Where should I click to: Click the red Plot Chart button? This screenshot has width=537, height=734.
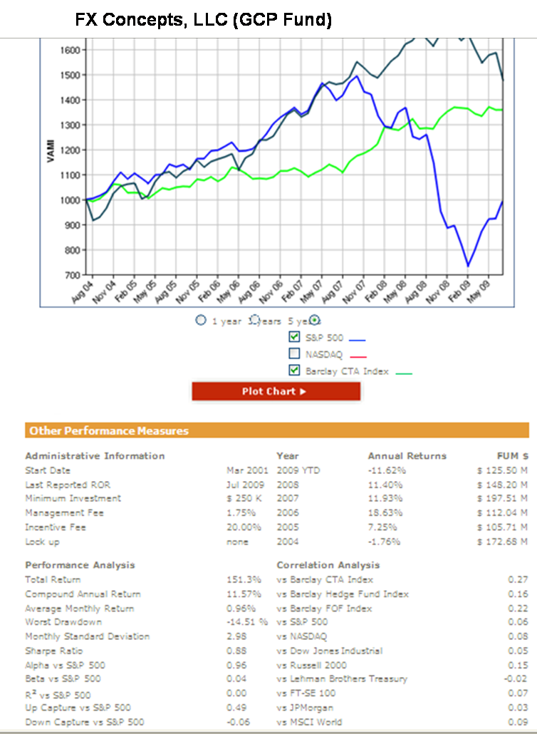click(x=276, y=391)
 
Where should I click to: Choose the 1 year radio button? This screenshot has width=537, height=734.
click(x=201, y=321)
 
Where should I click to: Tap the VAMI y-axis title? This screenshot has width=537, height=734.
click(x=51, y=154)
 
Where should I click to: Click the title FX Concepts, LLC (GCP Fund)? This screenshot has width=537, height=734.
click(x=204, y=21)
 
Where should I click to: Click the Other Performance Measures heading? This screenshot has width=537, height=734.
click(x=109, y=430)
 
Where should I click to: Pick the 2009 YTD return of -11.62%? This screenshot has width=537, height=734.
click(x=387, y=470)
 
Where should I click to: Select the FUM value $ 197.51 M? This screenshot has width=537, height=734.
click(x=502, y=499)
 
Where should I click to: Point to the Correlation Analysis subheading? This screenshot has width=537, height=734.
click(x=328, y=565)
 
